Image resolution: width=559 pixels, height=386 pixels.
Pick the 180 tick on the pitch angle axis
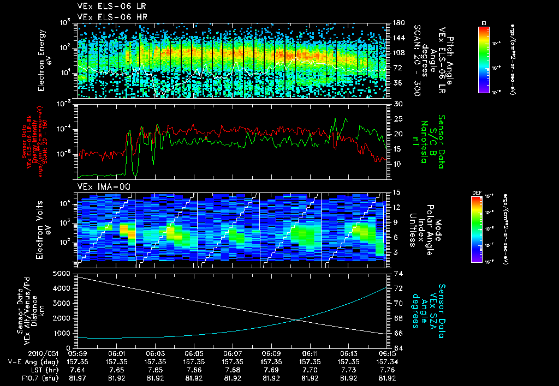398,23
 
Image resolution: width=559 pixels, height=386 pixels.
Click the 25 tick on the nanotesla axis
398,119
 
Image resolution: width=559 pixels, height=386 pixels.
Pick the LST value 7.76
388,370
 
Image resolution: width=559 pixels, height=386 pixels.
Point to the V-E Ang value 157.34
388,361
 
